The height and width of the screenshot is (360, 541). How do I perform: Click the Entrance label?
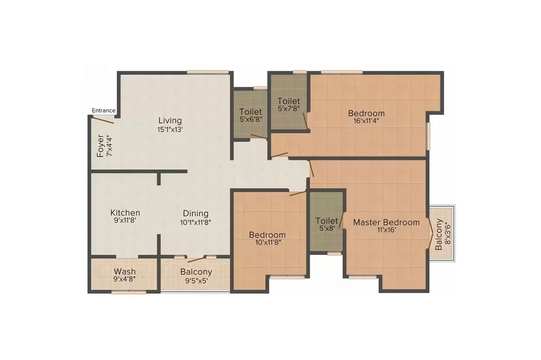click(104, 111)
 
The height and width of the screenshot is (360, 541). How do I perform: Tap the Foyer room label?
click(100, 146)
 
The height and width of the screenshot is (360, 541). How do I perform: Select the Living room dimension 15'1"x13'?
click(170, 130)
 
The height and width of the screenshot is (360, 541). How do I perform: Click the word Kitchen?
click(125, 212)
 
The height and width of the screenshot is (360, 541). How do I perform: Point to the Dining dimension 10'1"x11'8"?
click(195, 223)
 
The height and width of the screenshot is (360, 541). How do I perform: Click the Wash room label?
click(125, 271)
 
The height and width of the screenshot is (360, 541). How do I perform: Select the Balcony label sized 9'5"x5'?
click(196, 272)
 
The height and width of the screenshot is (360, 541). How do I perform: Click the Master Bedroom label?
click(387, 222)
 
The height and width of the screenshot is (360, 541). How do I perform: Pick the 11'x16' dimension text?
click(387, 230)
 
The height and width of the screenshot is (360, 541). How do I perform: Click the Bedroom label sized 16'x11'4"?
click(366, 113)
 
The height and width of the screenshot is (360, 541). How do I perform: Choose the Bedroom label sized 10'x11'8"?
click(268, 235)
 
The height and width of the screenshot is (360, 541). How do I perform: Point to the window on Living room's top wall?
click(208, 72)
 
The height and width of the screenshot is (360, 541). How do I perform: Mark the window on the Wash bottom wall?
click(129, 292)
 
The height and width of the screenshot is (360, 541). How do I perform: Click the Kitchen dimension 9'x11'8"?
click(125, 220)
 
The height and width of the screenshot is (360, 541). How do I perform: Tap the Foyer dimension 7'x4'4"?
click(109, 146)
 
